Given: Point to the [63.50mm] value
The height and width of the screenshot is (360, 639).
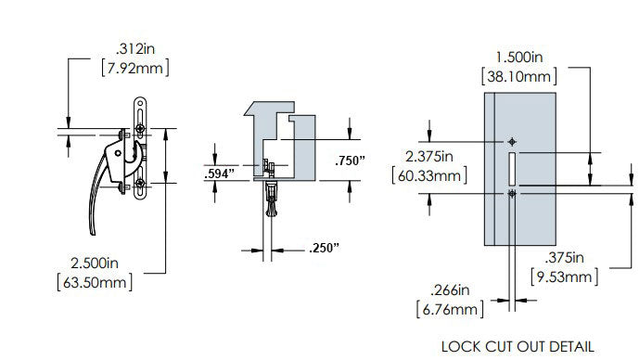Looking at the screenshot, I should pyautogui.click(x=95, y=280).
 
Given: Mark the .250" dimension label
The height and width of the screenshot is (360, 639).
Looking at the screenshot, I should pyautogui.click(x=323, y=248).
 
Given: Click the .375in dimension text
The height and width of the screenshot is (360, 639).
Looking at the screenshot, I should pyautogui.click(x=564, y=256).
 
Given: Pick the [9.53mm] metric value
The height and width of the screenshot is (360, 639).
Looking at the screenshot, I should pyautogui.click(x=564, y=277).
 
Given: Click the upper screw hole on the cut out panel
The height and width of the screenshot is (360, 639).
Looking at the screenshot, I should pyautogui.click(x=512, y=141).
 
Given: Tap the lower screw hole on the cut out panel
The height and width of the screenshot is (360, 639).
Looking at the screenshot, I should pyautogui.click(x=512, y=193).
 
